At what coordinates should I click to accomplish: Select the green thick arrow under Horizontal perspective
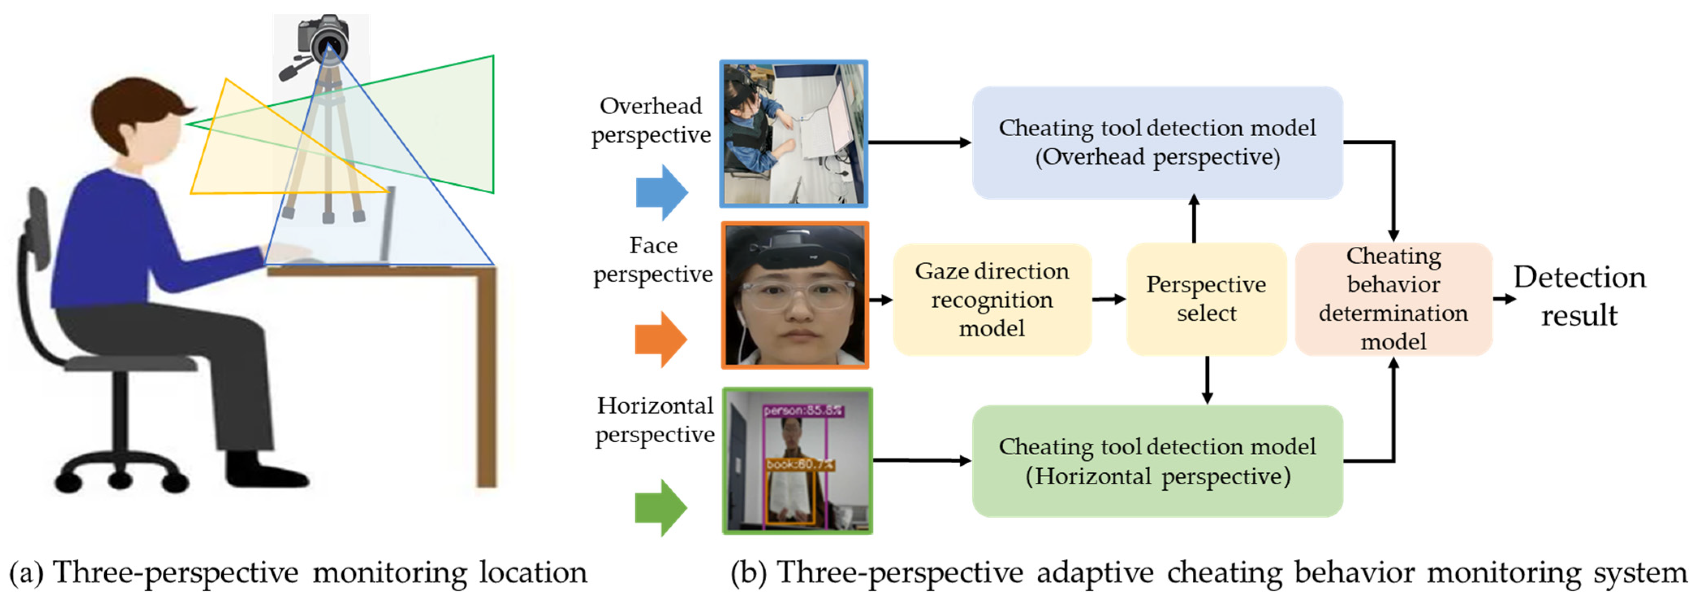pyautogui.click(x=660, y=508)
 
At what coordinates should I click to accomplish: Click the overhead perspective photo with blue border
pyautogui.click(x=793, y=134)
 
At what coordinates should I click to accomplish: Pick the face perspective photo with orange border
pyautogui.click(x=795, y=295)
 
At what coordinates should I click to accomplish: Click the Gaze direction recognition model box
pyautogui.click(x=991, y=299)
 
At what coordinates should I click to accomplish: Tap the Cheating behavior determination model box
pyautogui.click(x=1393, y=299)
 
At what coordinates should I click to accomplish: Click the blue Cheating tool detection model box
pyautogui.click(x=1157, y=142)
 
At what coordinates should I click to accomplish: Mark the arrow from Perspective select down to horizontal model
pyautogui.click(x=1207, y=380)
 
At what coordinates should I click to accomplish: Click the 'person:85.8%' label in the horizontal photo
pyautogui.click(x=802, y=410)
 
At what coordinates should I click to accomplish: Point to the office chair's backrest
pyautogui.click(x=38, y=231)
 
